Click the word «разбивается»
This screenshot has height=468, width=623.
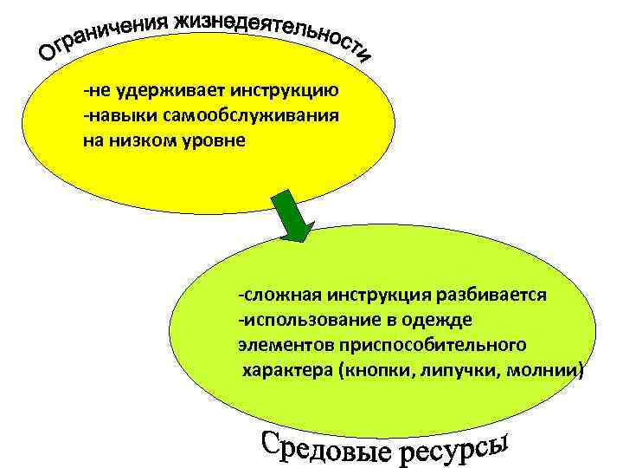coord(497,294)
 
